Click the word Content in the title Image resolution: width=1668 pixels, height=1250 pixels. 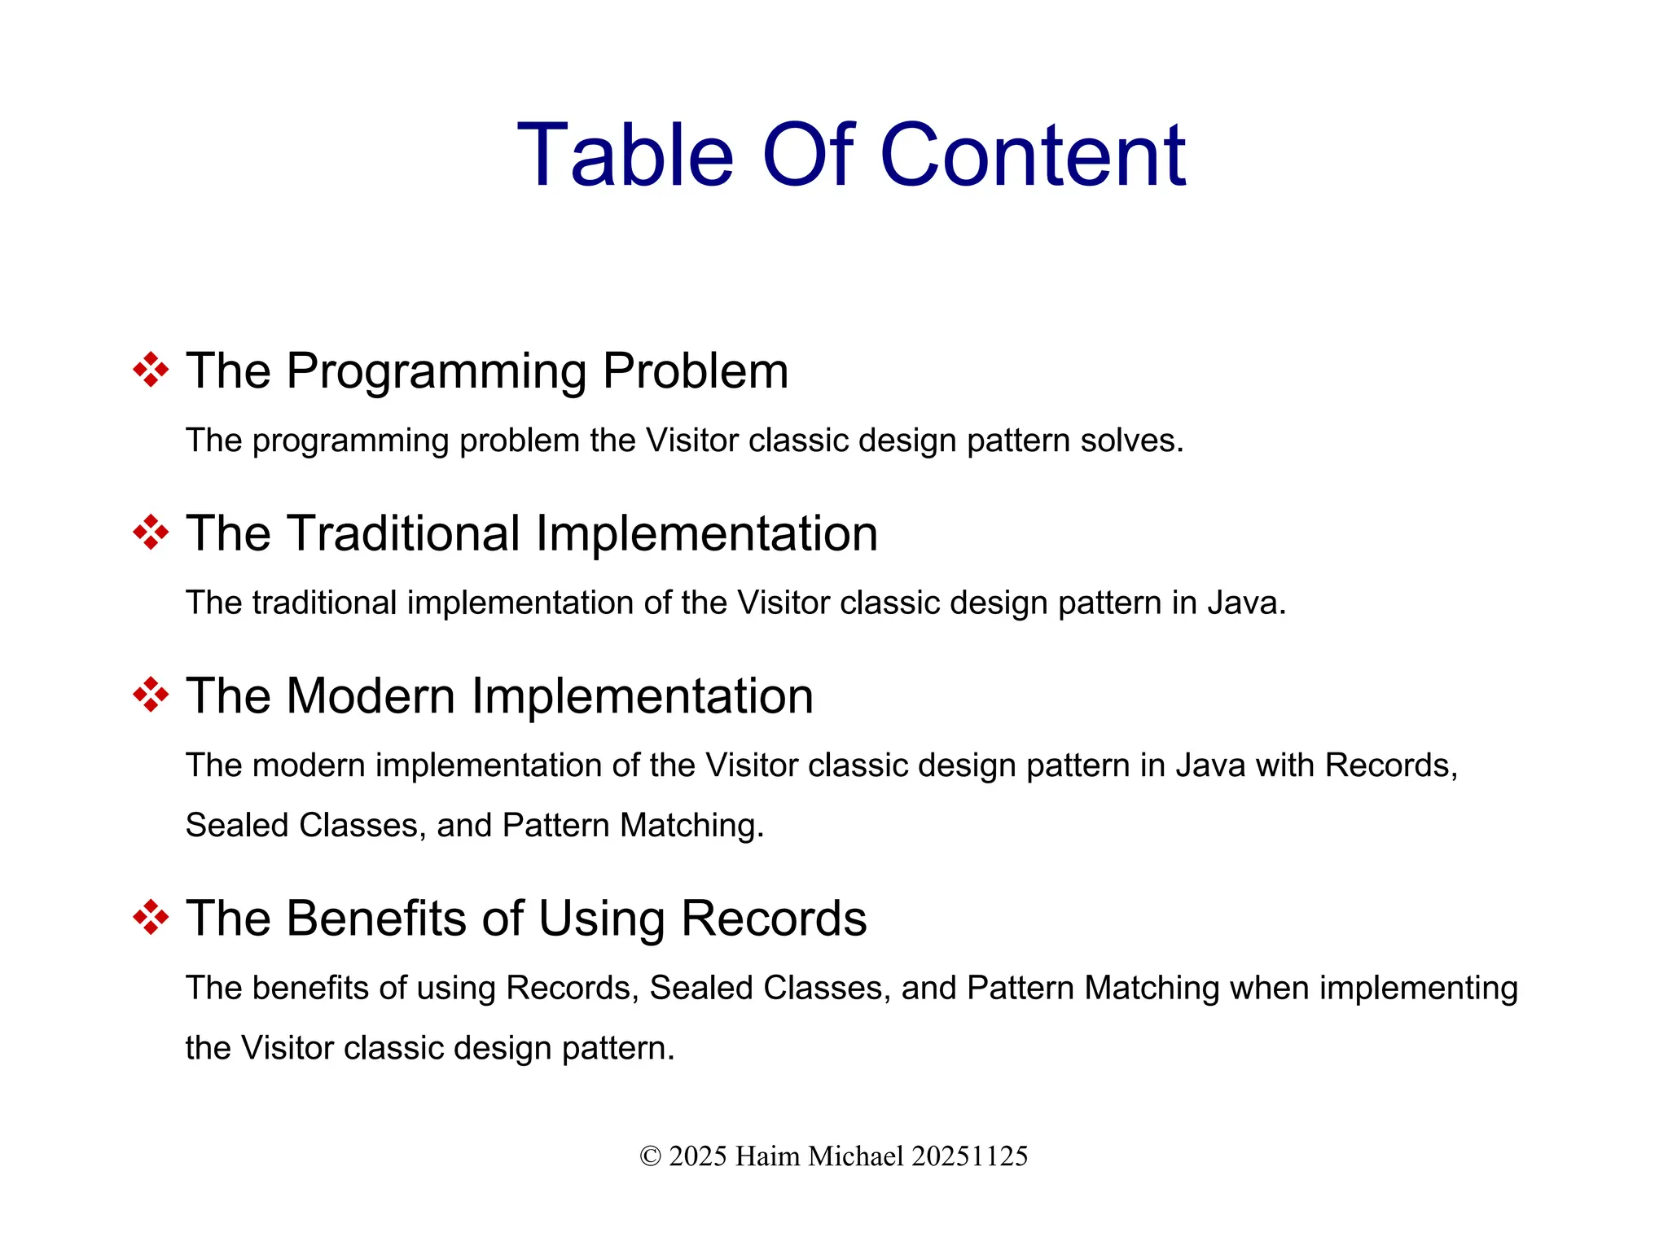point(1032,156)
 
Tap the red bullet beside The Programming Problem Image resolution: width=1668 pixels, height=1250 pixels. point(151,371)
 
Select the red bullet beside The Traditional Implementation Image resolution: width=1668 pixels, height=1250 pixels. point(151,533)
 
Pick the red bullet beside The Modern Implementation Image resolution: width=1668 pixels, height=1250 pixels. point(151,695)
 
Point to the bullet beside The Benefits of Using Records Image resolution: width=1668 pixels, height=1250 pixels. point(151,919)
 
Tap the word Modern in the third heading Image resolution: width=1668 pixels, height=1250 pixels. point(371,697)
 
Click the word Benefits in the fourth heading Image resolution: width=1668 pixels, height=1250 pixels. point(375,919)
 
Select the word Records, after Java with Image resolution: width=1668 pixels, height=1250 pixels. point(1390,765)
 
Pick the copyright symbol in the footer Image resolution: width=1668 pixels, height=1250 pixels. point(650,1156)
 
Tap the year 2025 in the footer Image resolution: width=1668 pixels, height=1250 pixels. point(698,1156)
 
